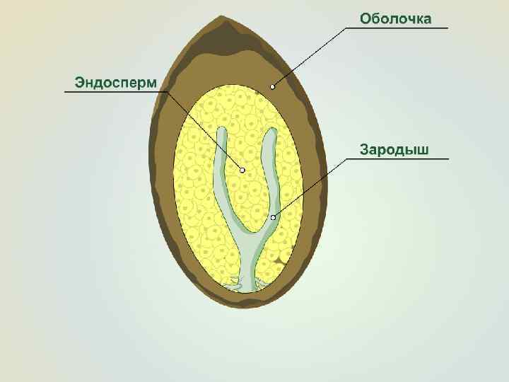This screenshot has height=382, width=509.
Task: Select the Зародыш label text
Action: tap(394, 149)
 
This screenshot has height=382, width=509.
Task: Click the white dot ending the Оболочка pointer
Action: tap(272, 87)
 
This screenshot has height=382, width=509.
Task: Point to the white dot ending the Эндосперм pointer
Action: tap(242, 170)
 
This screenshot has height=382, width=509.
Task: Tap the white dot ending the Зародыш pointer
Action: tap(273, 217)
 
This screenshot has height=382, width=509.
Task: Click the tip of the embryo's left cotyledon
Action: tap(222, 132)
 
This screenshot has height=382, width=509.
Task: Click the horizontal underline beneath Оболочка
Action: tap(397, 28)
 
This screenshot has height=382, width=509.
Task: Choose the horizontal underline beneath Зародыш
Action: tap(399, 159)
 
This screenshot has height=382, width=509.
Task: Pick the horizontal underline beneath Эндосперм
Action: tap(113, 92)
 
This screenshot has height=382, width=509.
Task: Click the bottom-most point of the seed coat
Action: tap(240, 308)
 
